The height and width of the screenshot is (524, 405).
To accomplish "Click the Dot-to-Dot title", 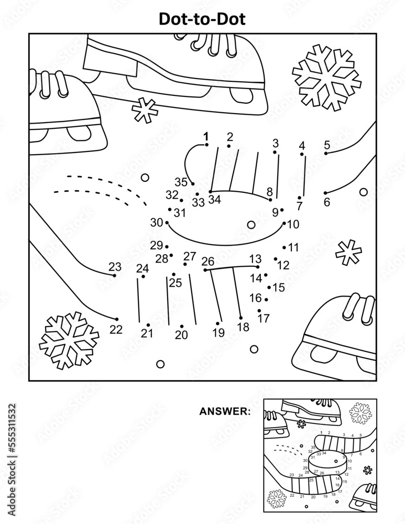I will (202, 19).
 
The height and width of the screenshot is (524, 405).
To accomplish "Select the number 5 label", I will (327, 145).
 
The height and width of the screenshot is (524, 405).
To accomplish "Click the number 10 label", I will (293, 224).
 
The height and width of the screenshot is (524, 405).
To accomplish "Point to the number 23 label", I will (115, 266).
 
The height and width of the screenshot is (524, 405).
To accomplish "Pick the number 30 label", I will (157, 222).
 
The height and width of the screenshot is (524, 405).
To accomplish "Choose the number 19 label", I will (218, 332).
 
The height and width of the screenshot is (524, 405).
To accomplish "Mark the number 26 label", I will (208, 261).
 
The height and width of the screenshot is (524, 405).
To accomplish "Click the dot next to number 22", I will (116, 319).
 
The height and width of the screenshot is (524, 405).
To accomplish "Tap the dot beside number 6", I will (325, 193).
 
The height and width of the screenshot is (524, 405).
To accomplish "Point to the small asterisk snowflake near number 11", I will (348, 252).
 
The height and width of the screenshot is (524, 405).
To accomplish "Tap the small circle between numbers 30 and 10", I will (251, 225).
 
